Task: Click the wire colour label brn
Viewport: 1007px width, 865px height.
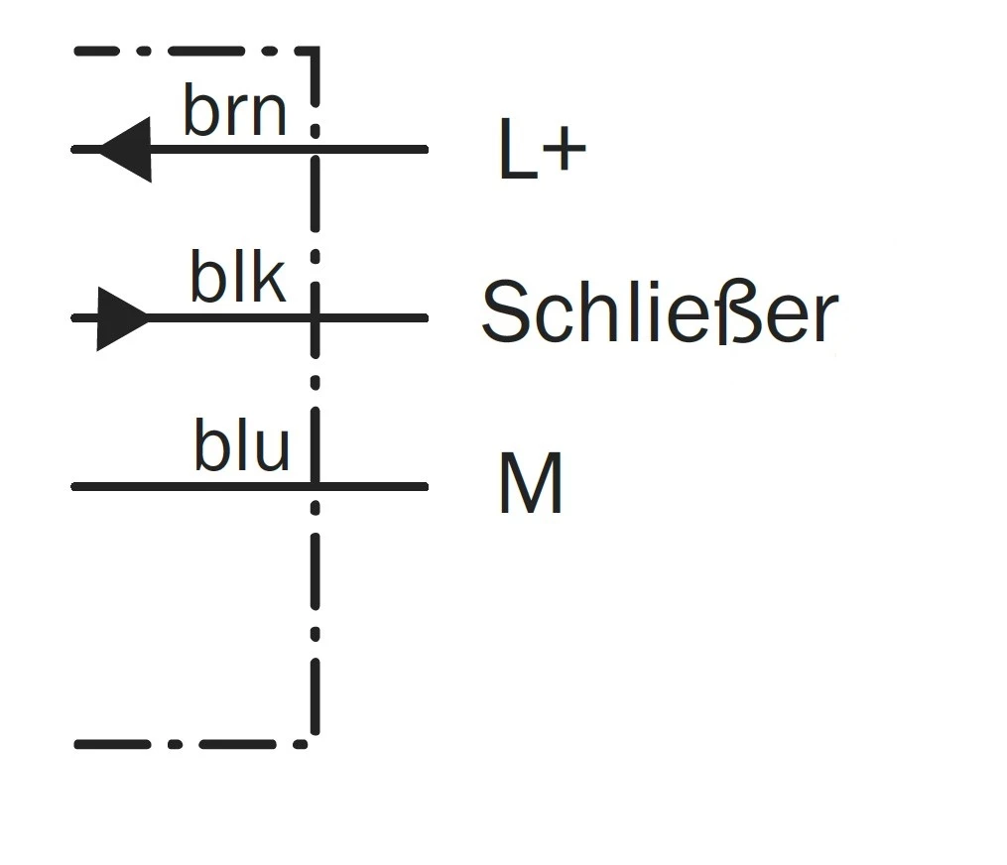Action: (235, 111)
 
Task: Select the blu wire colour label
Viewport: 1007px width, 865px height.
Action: (241, 448)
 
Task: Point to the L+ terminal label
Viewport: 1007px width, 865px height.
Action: (542, 154)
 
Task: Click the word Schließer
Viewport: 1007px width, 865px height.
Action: (659, 312)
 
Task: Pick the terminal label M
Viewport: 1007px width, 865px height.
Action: (531, 485)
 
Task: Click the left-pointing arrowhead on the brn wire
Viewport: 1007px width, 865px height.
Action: (127, 150)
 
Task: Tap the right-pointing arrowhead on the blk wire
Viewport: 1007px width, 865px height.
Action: (122, 318)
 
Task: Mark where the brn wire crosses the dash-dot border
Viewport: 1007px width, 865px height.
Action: (315, 150)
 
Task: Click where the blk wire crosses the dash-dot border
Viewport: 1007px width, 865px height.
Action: (315, 318)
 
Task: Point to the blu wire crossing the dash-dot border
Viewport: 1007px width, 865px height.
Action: (315, 486)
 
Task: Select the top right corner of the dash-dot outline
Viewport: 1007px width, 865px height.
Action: (315, 50)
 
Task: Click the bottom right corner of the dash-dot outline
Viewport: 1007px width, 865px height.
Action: (314, 742)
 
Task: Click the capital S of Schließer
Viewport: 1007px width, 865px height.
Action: (507, 312)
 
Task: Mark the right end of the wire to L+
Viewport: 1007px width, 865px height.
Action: (426, 150)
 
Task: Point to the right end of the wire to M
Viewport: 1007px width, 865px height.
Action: (426, 486)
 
